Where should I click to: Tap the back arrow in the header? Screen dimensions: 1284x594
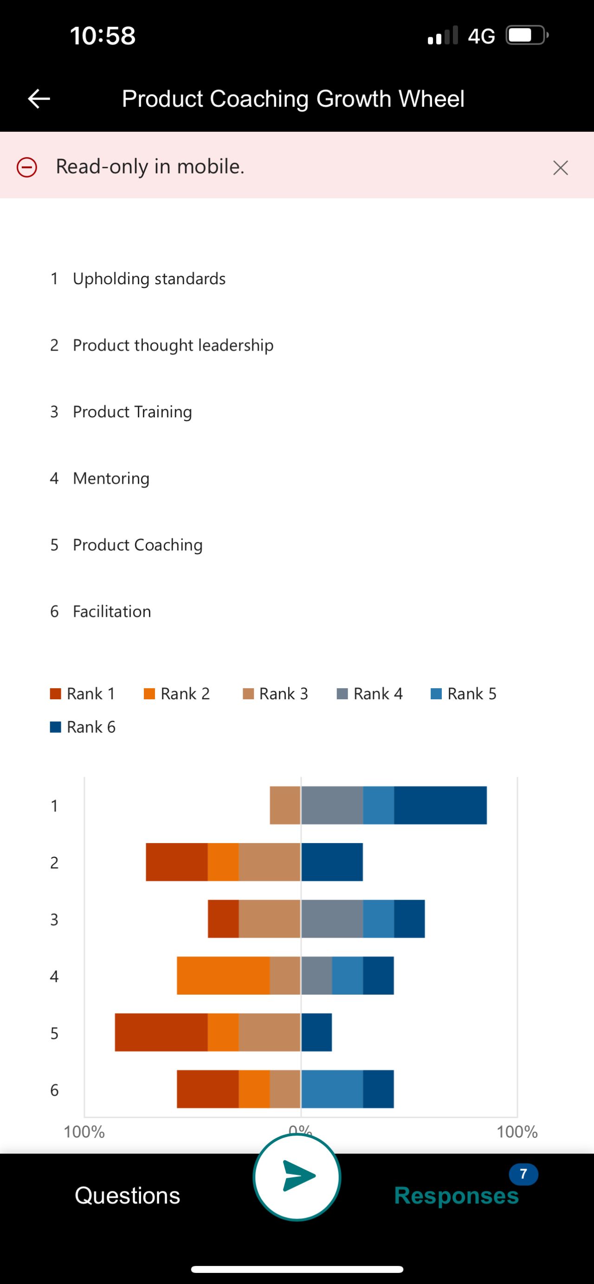click(39, 99)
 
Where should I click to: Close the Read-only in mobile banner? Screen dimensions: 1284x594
click(561, 167)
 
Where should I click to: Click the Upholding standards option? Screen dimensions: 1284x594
click(149, 279)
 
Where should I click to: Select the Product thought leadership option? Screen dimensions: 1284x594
click(173, 345)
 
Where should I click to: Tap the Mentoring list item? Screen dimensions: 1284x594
click(111, 478)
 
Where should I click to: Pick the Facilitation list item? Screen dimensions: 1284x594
click(112, 611)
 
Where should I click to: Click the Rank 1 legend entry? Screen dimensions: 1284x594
click(83, 693)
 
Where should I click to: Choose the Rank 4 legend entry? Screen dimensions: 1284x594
click(369, 693)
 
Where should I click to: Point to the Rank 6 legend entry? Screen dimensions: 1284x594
click(83, 727)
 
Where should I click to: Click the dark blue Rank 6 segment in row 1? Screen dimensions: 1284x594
click(440, 805)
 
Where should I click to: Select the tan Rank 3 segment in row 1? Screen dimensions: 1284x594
click(285, 805)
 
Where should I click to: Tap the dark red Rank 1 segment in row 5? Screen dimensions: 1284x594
click(161, 1032)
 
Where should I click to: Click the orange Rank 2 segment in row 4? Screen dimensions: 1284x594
click(223, 976)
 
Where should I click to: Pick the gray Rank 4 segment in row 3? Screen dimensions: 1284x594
click(332, 919)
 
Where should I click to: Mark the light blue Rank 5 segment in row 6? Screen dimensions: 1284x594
click(332, 1089)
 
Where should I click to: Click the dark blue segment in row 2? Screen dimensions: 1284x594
click(332, 862)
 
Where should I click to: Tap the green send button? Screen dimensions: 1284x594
click(297, 1177)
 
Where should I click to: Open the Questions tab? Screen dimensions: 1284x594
click(127, 1196)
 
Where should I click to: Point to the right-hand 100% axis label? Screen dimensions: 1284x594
click(517, 1132)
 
